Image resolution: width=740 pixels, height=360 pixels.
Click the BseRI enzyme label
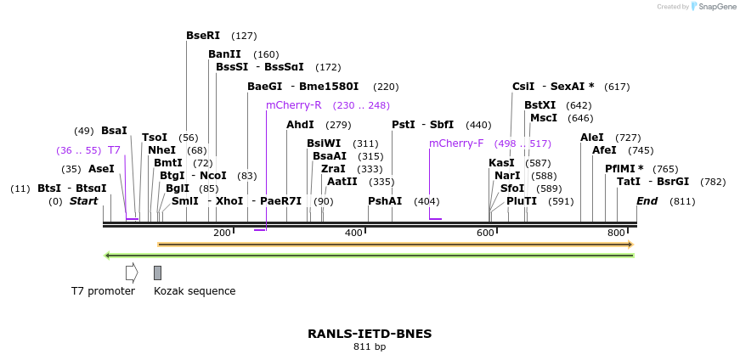[x=203, y=36]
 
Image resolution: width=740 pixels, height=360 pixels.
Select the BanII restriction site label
[x=224, y=54]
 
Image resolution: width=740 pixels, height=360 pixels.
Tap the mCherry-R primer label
[x=293, y=105]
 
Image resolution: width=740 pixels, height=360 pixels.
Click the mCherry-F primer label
[x=456, y=143]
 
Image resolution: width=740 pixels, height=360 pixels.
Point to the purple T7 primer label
[x=114, y=150]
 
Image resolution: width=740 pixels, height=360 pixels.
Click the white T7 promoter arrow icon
[x=131, y=273]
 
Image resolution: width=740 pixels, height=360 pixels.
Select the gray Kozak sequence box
[x=157, y=273]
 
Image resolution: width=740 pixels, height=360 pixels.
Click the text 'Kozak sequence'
[x=195, y=291]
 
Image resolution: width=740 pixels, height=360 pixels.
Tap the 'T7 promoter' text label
[x=103, y=291]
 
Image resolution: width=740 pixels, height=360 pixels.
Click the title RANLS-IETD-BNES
[x=370, y=334]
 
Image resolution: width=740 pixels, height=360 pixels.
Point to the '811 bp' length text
[x=370, y=347]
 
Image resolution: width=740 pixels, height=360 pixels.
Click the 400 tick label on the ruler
[x=353, y=233]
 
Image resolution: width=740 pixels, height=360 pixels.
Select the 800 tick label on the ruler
[x=616, y=233]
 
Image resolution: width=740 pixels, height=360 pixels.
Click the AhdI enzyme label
[x=300, y=125]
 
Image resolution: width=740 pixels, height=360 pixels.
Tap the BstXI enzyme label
[x=539, y=105]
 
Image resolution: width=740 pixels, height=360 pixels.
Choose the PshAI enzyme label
[x=385, y=201]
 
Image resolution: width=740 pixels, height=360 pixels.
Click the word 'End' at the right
[x=647, y=201]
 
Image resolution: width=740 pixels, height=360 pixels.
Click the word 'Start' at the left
[x=84, y=201]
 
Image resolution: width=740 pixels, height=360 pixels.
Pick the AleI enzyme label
[x=592, y=138]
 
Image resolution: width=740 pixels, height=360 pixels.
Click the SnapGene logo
[x=713, y=7]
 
